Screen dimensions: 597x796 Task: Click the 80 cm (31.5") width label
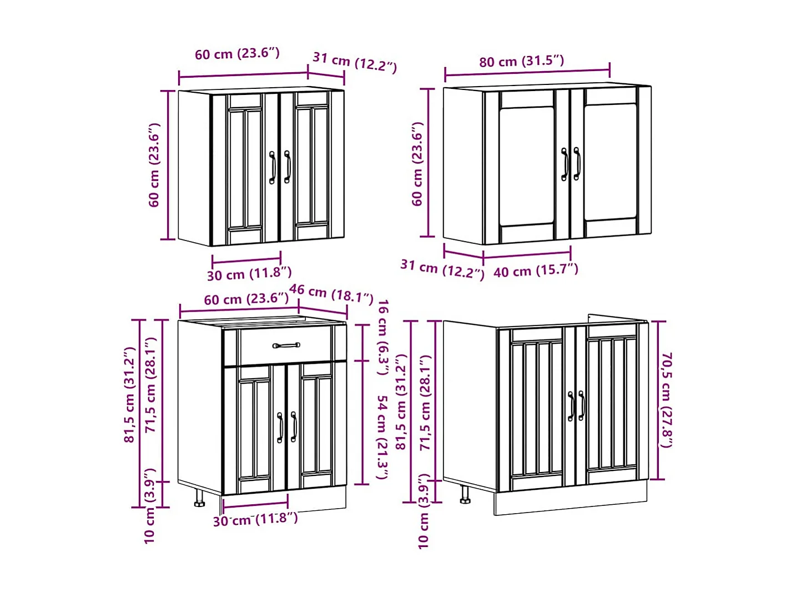click(521, 61)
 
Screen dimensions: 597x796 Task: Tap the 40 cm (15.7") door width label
click(536, 270)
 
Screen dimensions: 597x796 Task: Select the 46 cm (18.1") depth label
click(331, 293)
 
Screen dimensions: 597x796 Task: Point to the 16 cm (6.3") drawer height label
click(382, 337)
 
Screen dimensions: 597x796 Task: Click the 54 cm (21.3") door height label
click(382, 437)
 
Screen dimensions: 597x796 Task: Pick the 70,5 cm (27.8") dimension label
click(666, 399)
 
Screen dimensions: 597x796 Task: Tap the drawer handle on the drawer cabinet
click(286, 345)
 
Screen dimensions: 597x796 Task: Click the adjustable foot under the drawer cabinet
click(199, 498)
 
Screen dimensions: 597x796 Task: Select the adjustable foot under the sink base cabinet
click(465, 494)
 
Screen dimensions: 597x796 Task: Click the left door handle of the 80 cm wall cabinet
click(565, 164)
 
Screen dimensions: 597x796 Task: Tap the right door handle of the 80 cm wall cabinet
click(577, 164)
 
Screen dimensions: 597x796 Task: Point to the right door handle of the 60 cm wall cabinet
click(287, 167)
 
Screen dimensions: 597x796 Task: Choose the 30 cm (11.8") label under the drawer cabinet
click(255, 520)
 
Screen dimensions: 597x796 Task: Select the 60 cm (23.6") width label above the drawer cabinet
click(246, 299)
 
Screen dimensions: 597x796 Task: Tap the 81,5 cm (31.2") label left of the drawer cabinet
click(129, 395)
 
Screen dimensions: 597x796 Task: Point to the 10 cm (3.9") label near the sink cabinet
click(424, 511)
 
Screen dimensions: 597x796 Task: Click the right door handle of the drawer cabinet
click(294, 427)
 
